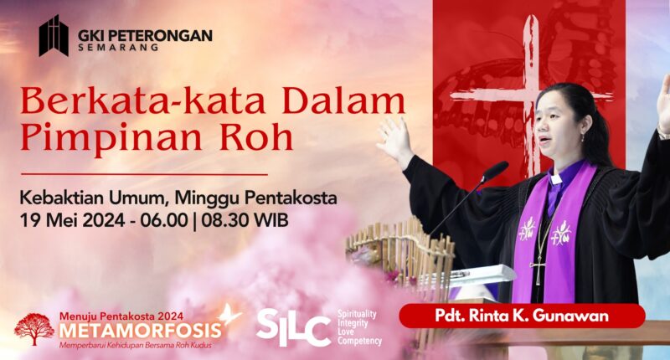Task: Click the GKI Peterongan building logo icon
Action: click(x=54, y=35)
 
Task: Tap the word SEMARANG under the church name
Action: click(x=118, y=48)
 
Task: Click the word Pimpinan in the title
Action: click(x=111, y=139)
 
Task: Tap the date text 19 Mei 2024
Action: click(x=73, y=220)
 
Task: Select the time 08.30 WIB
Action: click(x=245, y=220)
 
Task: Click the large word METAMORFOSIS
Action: click(x=141, y=331)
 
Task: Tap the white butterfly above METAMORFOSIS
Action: click(x=229, y=314)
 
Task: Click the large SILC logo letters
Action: click(x=294, y=327)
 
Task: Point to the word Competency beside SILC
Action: click(x=359, y=341)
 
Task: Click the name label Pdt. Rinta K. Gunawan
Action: click(x=522, y=316)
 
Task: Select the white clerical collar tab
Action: click(x=556, y=178)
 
